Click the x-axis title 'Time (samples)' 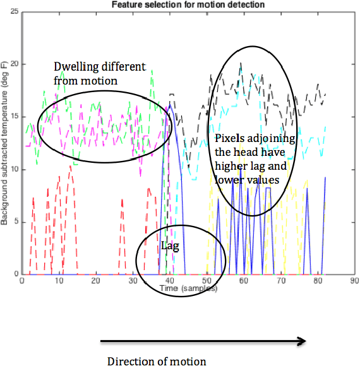click(x=189, y=288)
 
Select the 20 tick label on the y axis click(x=15, y=64)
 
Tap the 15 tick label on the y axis click(x=15, y=117)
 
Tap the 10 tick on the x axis click(x=59, y=280)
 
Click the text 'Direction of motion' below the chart click(x=157, y=362)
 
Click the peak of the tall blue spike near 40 click(x=169, y=104)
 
